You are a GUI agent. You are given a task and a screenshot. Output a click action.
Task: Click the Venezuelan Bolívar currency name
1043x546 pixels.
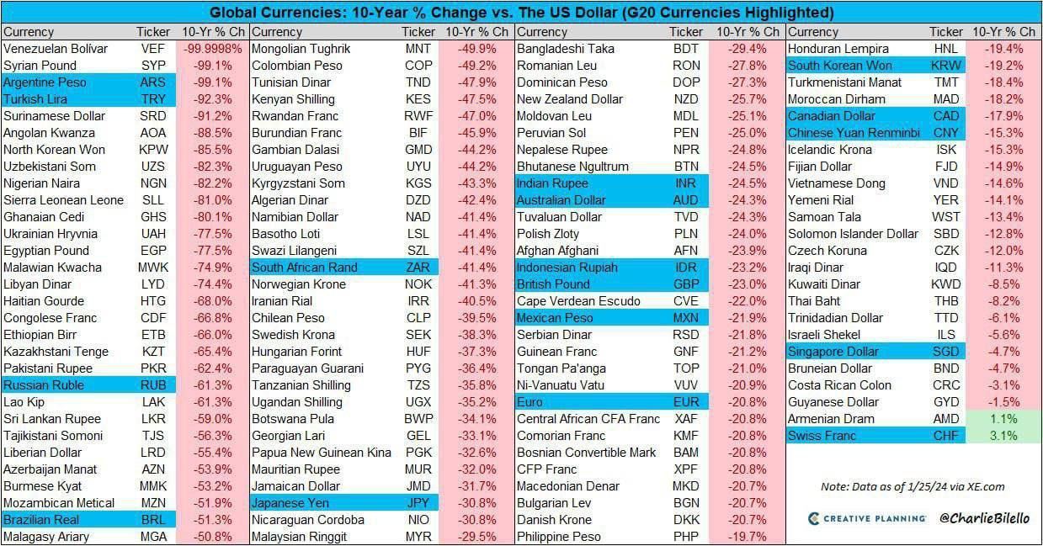pos(56,49)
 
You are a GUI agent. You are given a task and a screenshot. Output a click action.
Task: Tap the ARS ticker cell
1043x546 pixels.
pos(152,82)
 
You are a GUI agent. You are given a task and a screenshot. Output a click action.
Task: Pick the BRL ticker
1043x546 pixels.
pos(152,520)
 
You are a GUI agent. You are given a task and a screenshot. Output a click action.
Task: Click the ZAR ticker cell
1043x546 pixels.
pos(418,268)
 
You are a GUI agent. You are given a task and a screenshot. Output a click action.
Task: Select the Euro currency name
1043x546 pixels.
pos(529,402)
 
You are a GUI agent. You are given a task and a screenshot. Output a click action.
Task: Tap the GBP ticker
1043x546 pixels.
pos(686,284)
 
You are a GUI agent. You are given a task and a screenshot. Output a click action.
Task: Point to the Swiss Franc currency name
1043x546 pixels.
pos(822,436)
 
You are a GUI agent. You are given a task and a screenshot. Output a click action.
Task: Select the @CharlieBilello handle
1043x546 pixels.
pos(983,518)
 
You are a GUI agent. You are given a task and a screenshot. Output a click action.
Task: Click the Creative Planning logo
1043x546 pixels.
pos(866,518)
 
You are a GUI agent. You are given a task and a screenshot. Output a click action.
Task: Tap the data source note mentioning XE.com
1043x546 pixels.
pos(913,486)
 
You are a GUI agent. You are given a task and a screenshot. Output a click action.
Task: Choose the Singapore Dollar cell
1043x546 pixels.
pos(833,352)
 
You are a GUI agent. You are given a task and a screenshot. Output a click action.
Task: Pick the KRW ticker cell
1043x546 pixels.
pos(946,66)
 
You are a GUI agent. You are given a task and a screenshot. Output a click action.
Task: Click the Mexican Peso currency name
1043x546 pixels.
pos(555,318)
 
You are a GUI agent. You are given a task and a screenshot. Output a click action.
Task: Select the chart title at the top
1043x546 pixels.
pos(521,13)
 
